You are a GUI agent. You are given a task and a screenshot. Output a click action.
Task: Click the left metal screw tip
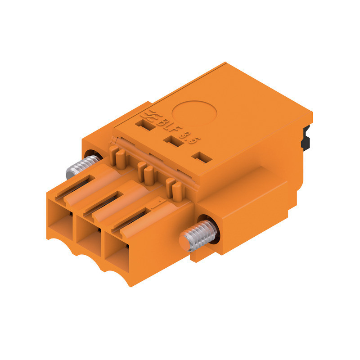point(72,171)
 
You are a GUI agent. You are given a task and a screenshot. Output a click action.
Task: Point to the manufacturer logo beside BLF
point(147,116)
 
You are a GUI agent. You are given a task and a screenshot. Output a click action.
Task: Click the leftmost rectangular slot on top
point(147,127)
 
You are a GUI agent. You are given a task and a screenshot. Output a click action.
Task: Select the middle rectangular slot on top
point(171,141)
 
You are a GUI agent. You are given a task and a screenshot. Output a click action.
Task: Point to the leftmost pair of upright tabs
point(117,157)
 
